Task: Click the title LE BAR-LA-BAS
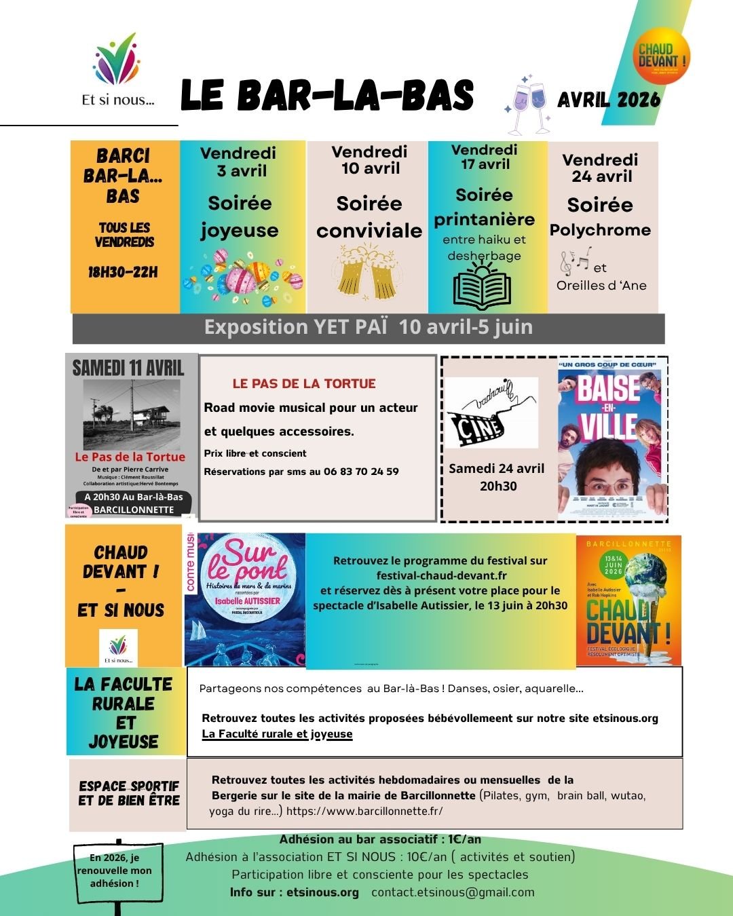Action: coord(327,96)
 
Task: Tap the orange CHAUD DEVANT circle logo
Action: coord(662,55)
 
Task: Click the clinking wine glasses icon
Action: coord(529,104)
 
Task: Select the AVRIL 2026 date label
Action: coord(609,100)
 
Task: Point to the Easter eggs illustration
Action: coord(242,276)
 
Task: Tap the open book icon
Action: coord(483,285)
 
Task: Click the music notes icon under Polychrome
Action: coord(576,259)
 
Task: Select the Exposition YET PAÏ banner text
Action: coord(369,327)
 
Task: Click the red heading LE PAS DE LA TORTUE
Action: coord(304,383)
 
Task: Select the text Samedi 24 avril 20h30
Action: coord(497,477)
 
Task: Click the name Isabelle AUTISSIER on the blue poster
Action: coord(247,600)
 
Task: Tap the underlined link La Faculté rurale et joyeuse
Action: coord(277,733)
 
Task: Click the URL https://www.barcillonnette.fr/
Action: coord(364,811)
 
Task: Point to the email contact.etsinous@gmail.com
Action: coord(453,892)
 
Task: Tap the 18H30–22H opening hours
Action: coord(123,272)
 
